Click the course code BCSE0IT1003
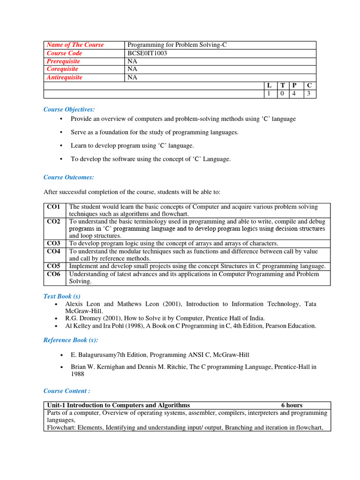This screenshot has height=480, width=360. [x=147, y=53]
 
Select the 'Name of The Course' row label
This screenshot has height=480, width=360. [x=75, y=45]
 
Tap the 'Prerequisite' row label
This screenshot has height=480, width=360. [x=63, y=61]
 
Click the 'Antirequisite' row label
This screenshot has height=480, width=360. [x=64, y=78]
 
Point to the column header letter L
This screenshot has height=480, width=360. [x=269, y=86]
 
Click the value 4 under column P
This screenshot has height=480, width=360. [x=294, y=94]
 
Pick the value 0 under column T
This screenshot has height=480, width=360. [x=282, y=94]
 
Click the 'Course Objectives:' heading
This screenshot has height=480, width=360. [x=69, y=109]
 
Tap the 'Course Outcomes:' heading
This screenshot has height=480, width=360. [x=68, y=177]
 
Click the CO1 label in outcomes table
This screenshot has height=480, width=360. [x=53, y=207]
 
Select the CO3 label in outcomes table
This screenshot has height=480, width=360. [x=53, y=243]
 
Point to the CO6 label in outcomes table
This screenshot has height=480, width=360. [x=53, y=274]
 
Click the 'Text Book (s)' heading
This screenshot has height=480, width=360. [x=62, y=296]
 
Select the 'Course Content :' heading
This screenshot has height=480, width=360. [x=67, y=391]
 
